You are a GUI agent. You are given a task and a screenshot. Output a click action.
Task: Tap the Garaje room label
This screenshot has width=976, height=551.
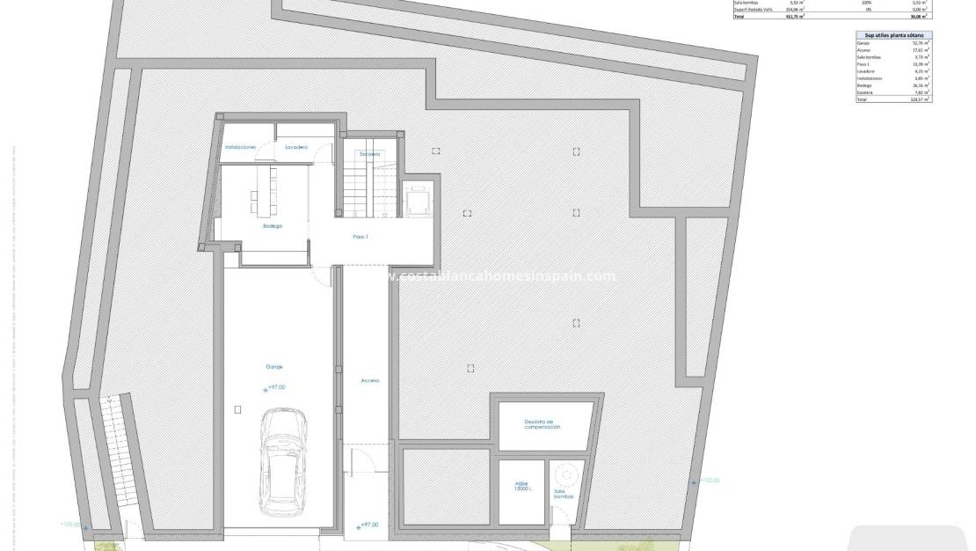pos(274,366)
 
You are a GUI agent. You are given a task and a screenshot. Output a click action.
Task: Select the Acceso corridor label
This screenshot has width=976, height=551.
pos(369,380)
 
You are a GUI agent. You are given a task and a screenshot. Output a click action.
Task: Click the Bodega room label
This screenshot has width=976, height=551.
pos(273,226)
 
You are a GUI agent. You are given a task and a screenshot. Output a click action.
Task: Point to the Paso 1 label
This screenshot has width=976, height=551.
pos(361,238)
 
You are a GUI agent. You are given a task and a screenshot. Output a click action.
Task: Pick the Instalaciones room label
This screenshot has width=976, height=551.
pos(240,147)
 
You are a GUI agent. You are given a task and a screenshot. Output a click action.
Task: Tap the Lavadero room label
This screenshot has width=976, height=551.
pos(296,147)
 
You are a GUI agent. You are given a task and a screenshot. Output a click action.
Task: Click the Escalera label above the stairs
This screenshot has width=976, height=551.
pos(369,154)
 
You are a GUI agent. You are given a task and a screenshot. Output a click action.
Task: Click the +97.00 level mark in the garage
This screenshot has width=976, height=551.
pos(275,387)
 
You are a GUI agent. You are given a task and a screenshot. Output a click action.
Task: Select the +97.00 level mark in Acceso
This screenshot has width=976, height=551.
pos(368,525)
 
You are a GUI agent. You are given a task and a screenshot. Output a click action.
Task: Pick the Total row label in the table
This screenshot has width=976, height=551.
pos(863,99)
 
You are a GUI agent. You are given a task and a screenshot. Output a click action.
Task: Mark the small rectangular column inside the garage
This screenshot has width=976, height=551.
pos(237,408)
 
